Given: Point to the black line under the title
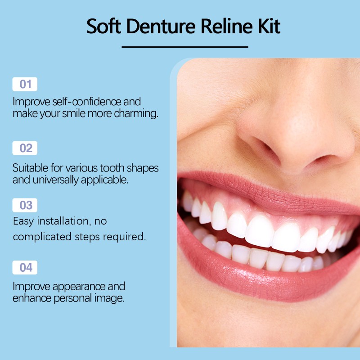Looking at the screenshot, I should [x=185, y=46].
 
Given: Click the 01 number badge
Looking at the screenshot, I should [x=25, y=84].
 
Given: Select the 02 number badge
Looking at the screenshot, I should [x=25, y=148].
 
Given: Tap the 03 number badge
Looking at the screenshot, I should [x=25, y=205].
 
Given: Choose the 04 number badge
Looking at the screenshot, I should [x=25, y=267].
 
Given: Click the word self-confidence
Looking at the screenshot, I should [x=84, y=101].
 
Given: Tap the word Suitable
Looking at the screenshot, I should [x=30, y=168].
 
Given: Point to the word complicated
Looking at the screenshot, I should [x=41, y=237].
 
